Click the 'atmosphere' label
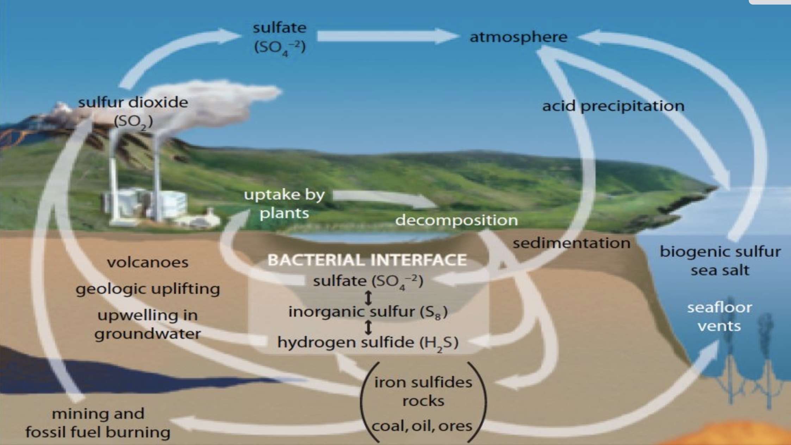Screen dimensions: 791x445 pos(518,37)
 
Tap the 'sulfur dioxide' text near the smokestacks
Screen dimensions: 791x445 pos(133,103)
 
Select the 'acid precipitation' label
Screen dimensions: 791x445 pos(613,106)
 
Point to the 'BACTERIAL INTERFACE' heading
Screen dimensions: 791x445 pos(367,260)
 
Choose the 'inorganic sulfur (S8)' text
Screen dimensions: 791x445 pos(368,312)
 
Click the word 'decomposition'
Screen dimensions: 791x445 pos(456,220)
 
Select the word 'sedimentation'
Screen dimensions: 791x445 pos(571,243)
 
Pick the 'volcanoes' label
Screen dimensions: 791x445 pos(148,263)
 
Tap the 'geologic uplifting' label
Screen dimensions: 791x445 pos(148,289)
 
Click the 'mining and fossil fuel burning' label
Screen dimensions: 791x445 pos(98,423)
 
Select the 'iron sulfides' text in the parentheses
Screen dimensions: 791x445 pos(423,382)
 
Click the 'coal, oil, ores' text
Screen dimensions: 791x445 pos(422,426)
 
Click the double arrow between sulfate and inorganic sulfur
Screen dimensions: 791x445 pos(368,298)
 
